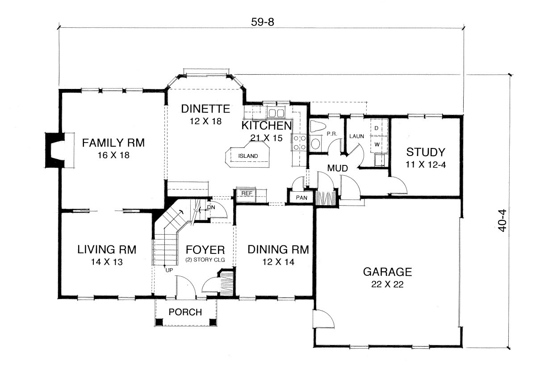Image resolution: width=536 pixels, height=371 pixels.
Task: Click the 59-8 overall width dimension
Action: [262, 22]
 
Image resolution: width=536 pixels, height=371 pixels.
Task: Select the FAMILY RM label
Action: [113, 143]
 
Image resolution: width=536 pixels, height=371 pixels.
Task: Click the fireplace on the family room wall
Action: [55, 150]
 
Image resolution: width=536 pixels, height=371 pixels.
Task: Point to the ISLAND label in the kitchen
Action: [248, 156]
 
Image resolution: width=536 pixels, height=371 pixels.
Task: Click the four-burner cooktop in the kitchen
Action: [299, 142]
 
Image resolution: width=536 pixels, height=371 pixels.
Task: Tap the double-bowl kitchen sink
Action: [276, 113]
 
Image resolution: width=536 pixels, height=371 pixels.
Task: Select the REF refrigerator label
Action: [247, 193]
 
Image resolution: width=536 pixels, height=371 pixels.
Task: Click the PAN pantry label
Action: [301, 198]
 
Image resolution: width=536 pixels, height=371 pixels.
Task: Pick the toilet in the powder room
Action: [318, 126]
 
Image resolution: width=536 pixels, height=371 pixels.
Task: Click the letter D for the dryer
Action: [377, 128]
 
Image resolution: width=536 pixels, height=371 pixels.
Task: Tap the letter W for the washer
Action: [377, 144]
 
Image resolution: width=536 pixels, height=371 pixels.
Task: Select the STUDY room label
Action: [426, 152]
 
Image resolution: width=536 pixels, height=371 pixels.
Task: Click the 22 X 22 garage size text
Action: [387, 284]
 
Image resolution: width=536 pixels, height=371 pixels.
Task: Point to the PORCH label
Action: [185, 312]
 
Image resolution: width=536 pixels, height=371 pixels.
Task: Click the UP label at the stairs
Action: [169, 270]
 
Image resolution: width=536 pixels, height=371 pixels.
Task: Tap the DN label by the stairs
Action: [211, 207]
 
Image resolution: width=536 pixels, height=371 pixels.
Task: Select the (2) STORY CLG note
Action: [205, 260]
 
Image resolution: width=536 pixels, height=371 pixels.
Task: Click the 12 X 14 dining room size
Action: [279, 262]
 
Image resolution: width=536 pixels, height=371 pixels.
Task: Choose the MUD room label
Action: [337, 169]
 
